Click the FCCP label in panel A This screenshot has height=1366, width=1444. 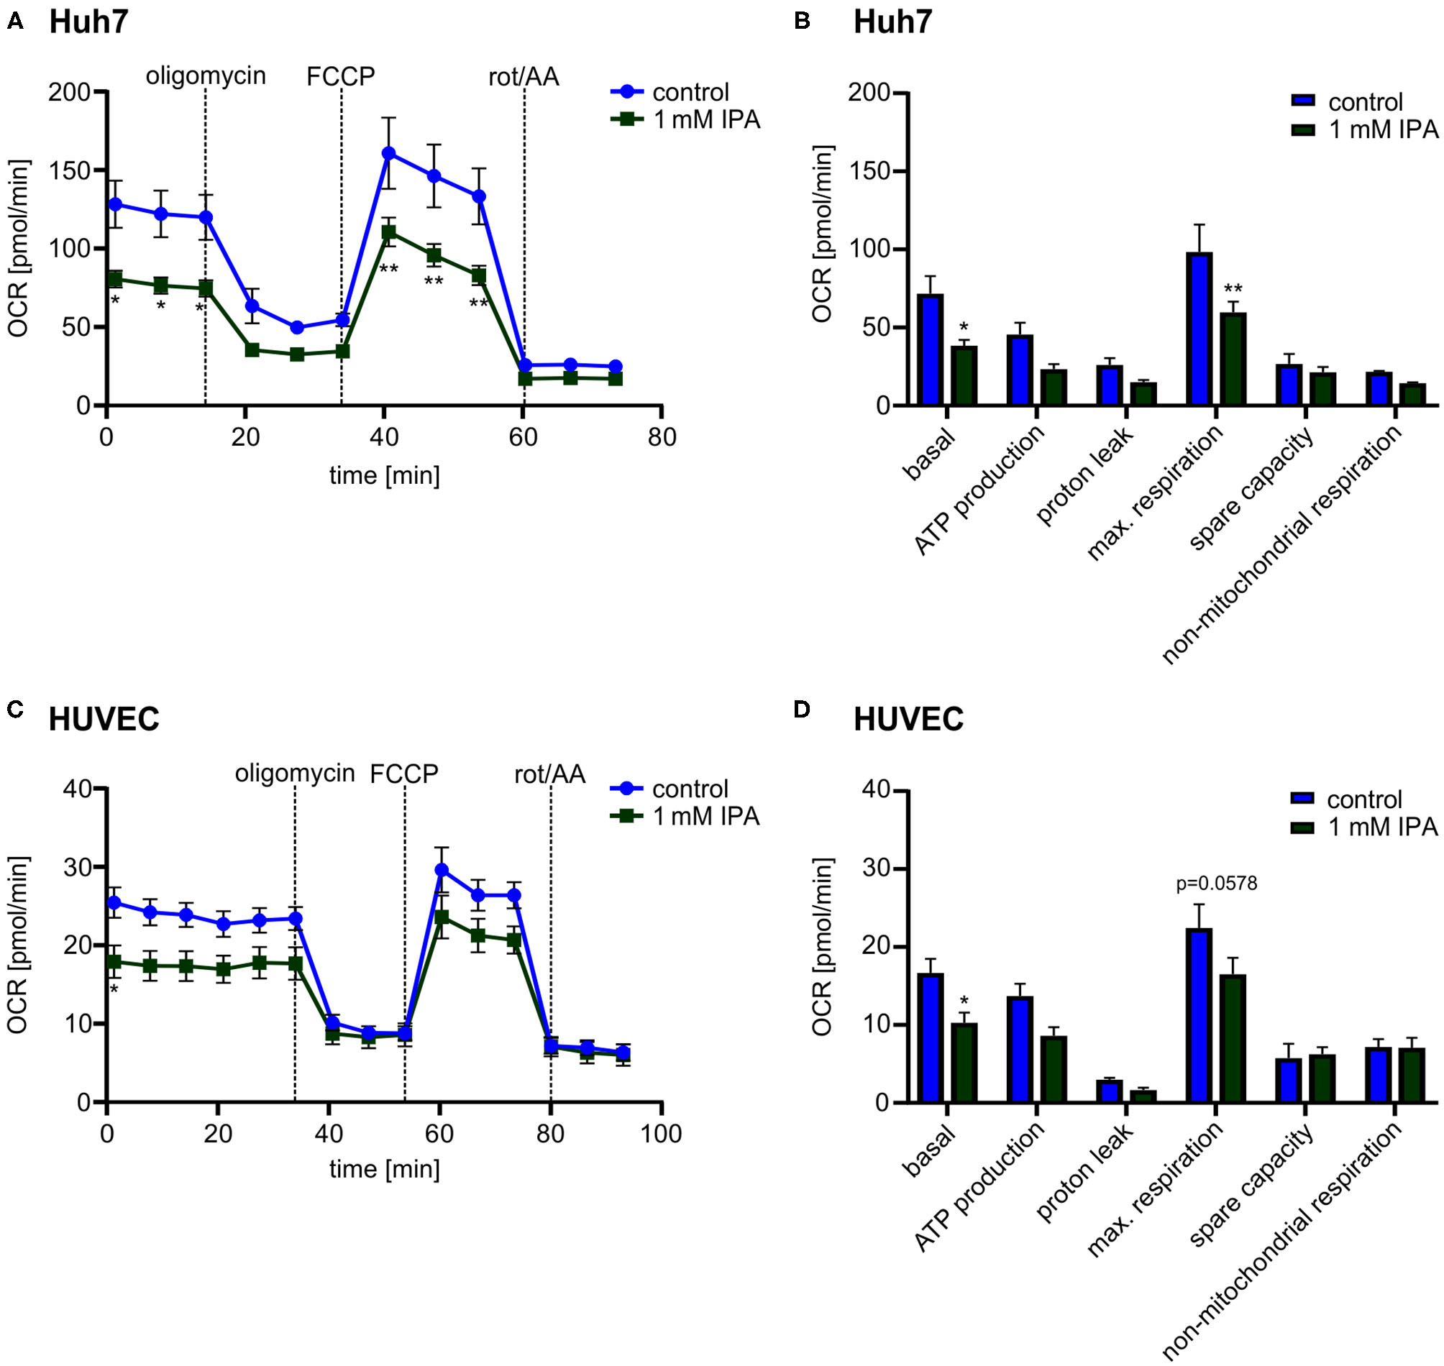[x=340, y=76]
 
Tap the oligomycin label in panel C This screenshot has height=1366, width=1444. [x=294, y=773]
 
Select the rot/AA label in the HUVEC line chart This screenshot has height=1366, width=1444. [x=550, y=774]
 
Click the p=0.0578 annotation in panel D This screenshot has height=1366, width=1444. [x=1216, y=884]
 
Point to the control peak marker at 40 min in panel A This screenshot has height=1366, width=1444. [x=389, y=153]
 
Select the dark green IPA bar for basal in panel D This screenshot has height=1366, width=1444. [x=964, y=1063]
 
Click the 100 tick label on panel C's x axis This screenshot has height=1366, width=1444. [x=660, y=1134]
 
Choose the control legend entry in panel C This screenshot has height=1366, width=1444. [x=690, y=789]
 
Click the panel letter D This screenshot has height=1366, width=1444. [x=802, y=708]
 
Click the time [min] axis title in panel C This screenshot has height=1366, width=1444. [x=384, y=1169]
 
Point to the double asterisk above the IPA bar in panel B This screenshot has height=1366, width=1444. [x=1233, y=288]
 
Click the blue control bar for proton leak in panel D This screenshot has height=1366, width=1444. [x=1110, y=1091]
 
